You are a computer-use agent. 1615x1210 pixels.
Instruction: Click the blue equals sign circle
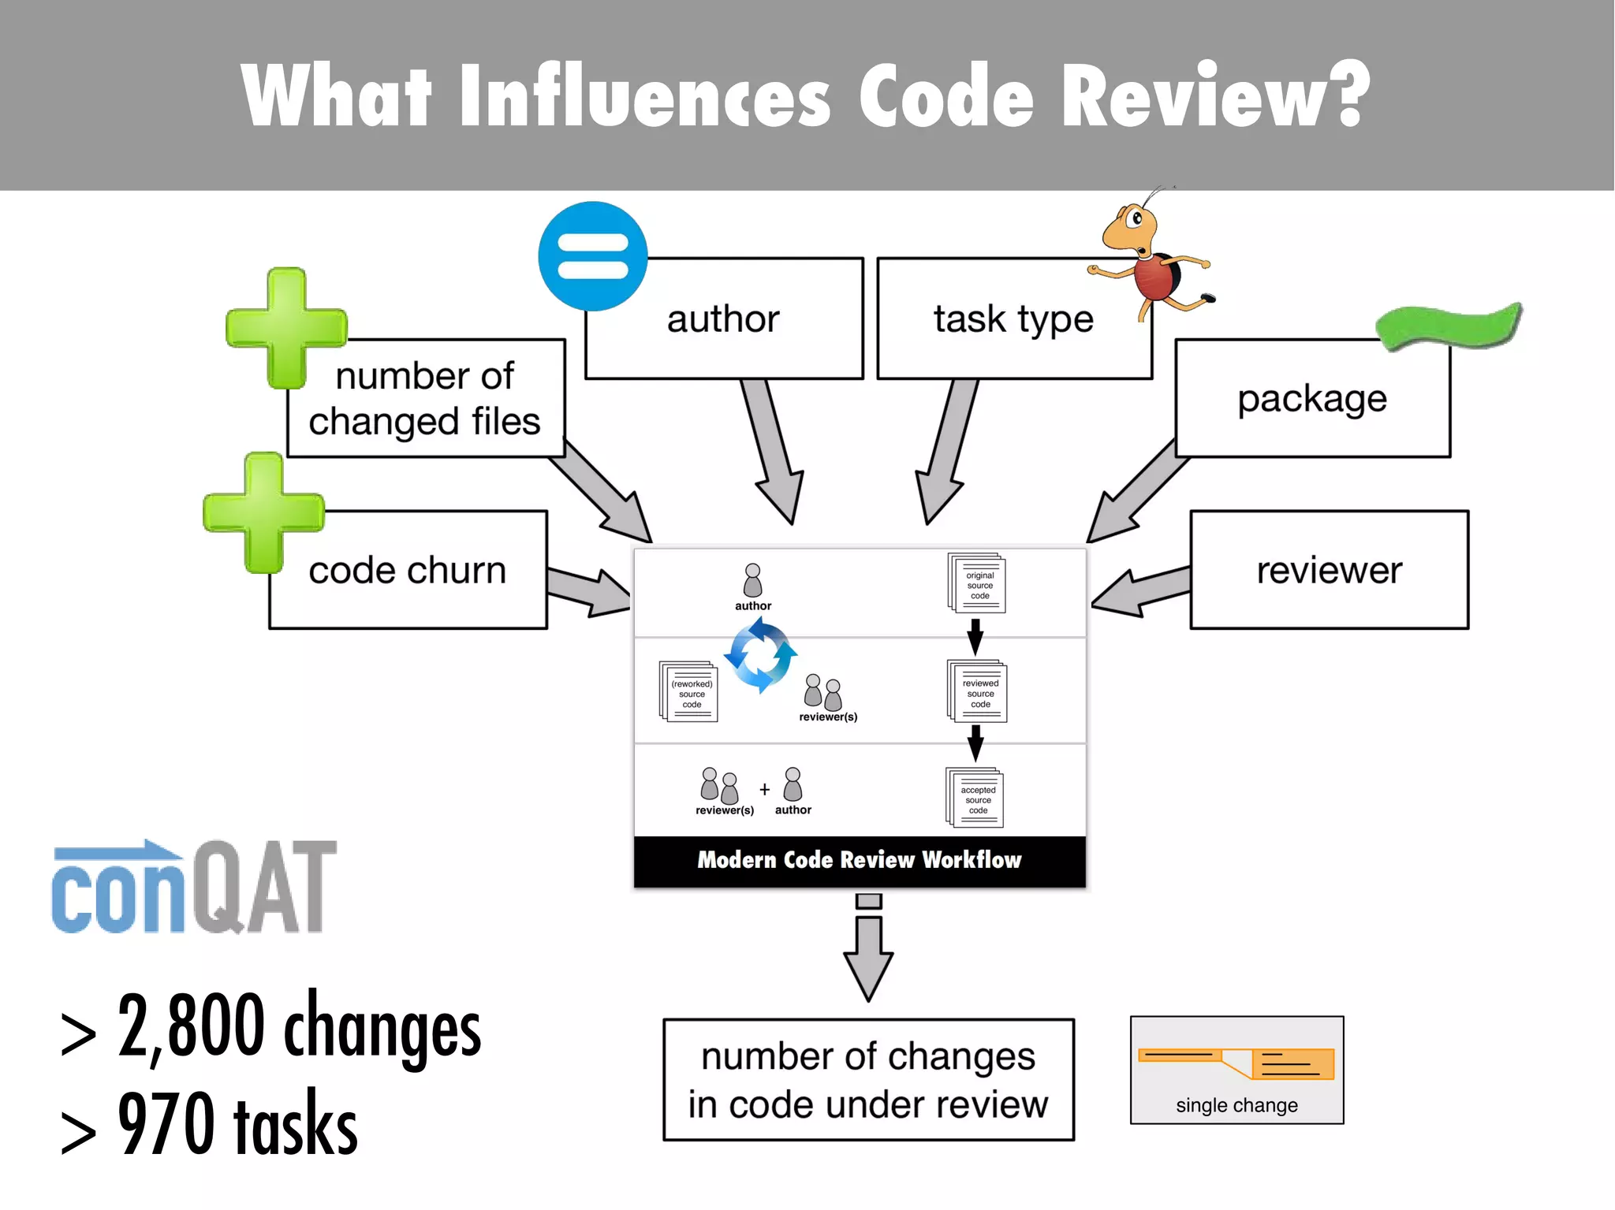(593, 256)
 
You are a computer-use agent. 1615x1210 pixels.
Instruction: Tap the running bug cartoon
(1152, 256)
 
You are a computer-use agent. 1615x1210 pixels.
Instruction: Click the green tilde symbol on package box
(1449, 326)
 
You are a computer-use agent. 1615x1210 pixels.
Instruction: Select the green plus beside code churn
(263, 512)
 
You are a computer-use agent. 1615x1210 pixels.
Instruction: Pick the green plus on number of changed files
(286, 328)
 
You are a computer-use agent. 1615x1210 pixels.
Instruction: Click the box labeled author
(724, 319)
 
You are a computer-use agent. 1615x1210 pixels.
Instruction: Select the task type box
(1013, 319)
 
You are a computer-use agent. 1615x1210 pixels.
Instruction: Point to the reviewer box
(1329, 570)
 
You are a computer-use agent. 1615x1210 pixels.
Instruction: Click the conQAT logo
(194, 888)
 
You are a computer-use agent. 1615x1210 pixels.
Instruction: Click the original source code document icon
(977, 583)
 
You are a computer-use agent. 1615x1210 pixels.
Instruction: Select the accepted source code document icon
(975, 798)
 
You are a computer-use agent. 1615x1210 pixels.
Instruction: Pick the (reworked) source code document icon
(688, 692)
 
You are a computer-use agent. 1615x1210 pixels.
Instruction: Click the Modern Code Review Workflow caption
(860, 860)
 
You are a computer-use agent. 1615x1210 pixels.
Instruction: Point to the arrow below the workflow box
(868, 950)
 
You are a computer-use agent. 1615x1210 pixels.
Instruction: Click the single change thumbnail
(1236, 1070)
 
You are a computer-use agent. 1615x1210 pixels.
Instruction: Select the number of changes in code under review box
(868, 1080)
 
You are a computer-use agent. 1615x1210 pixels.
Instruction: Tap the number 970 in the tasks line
(166, 1124)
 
